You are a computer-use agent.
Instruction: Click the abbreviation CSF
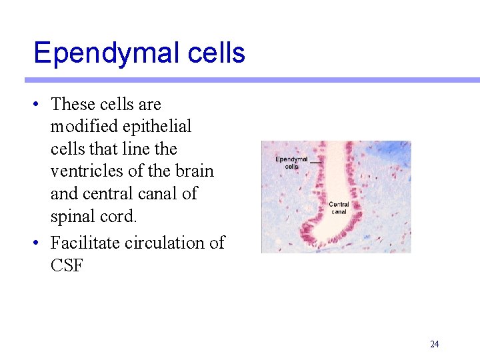click(x=67, y=265)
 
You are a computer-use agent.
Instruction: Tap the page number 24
click(x=435, y=345)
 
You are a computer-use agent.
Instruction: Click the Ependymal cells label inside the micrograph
click(x=291, y=163)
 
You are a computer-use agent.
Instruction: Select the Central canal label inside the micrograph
click(x=339, y=208)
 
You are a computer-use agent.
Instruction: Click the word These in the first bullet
click(x=73, y=104)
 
